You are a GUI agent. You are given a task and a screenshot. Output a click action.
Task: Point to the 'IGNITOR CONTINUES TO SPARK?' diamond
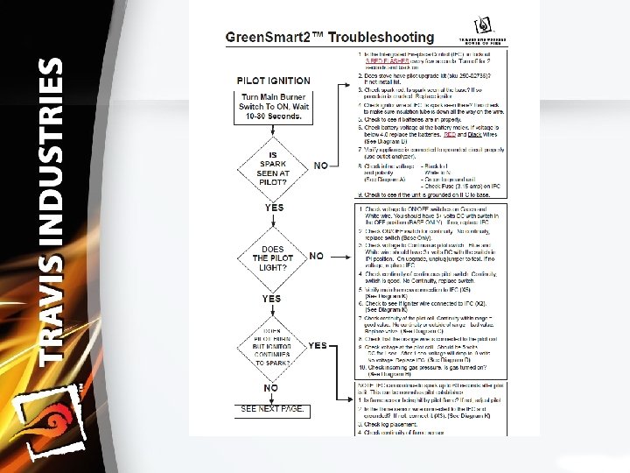pos(274,345)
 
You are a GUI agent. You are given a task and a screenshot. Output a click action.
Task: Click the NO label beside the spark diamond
pos(321,166)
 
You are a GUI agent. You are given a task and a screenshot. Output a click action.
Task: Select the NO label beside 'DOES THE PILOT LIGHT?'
pos(317,256)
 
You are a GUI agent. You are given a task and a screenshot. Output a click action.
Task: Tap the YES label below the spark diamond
pos(274,208)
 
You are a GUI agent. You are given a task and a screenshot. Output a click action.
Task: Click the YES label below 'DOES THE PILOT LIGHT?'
pos(272,298)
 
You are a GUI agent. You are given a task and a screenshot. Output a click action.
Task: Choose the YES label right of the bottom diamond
pos(318,345)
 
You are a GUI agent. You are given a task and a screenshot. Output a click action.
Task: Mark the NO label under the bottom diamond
pos(272,387)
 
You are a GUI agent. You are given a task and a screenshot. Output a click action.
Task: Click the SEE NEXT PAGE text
pos(273,409)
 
